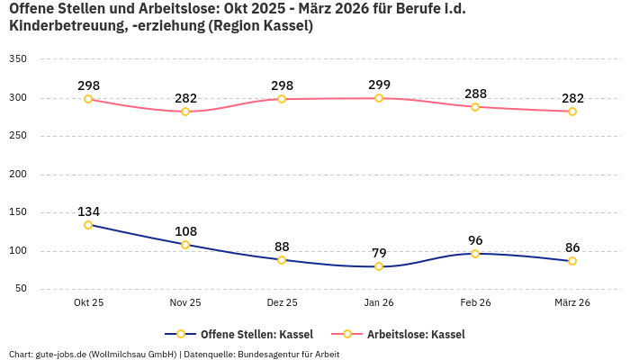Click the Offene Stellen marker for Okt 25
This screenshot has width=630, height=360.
click(88, 225)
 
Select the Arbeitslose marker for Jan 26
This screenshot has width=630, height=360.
click(379, 98)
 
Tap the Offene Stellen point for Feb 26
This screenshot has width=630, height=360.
click(475, 254)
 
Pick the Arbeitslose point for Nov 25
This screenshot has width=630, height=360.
click(185, 112)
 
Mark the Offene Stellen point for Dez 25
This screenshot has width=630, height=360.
click(282, 260)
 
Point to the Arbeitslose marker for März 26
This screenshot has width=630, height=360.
click(572, 112)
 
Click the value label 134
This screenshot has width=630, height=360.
click(88, 211)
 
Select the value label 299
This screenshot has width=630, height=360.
click(379, 85)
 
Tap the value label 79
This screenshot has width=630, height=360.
click(379, 253)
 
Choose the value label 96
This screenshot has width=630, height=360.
click(475, 240)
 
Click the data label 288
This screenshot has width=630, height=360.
click(475, 94)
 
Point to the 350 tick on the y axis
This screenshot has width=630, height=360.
click(18, 59)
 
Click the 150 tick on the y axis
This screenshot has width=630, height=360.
click(18, 212)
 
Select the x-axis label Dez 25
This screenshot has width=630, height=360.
click(282, 303)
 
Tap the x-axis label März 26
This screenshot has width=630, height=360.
click(572, 303)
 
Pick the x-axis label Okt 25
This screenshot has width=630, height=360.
click(88, 303)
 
